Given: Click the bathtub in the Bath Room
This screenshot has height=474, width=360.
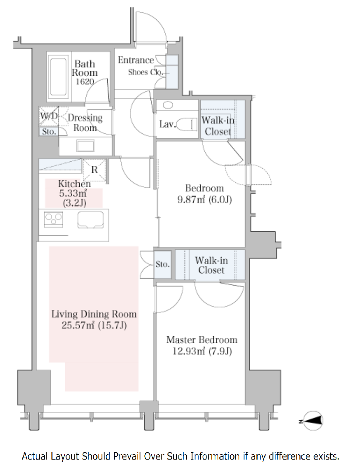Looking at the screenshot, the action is point(58,77).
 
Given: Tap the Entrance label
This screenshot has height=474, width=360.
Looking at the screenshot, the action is point(136,60).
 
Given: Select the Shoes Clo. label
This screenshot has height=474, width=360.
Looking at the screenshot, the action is point(146,72).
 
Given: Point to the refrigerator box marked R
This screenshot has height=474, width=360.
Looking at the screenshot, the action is point(94,170).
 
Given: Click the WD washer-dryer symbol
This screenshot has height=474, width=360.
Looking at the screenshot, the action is point(49,116).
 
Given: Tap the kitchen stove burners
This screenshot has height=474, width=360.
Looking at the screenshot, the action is point(53,219).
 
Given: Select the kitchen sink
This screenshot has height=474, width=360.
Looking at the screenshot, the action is point(91,220).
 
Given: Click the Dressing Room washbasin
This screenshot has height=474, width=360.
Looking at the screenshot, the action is point(85,146).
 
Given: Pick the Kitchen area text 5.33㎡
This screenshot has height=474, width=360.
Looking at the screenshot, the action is point(73,193).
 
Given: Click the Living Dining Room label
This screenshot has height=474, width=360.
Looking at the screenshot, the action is point(94,314).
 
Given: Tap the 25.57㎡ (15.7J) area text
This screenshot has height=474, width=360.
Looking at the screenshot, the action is point(94,325).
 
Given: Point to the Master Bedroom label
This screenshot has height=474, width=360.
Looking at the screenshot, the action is point(202,340).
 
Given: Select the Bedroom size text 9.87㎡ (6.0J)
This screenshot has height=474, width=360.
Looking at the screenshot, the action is point(205,200).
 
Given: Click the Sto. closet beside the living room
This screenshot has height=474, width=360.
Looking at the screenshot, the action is point(163,265).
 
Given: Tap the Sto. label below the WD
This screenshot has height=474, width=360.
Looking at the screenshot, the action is point(49,132).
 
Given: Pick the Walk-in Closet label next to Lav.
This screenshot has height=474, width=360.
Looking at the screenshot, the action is point(218,126).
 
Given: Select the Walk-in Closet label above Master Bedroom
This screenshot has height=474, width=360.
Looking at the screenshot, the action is point(211,265).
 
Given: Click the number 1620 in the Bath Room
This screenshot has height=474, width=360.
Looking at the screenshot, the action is point(85,82).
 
